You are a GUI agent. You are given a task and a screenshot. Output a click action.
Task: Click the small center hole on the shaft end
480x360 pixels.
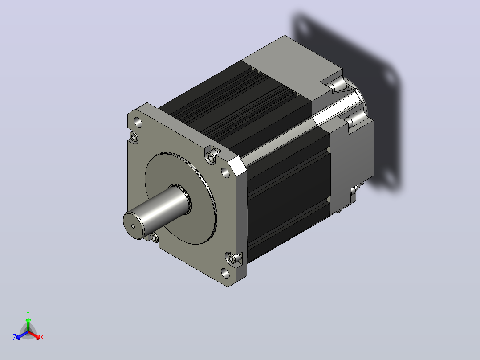133,226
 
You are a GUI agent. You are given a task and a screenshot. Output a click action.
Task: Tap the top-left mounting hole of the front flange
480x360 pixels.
138,123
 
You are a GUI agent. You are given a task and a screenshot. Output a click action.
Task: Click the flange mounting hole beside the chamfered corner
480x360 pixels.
225,173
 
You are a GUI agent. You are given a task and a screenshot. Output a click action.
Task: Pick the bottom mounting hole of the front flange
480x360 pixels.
225,273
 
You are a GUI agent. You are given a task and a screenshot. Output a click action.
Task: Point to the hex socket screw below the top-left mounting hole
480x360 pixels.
134,137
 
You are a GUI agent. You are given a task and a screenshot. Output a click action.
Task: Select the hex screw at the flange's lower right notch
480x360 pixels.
232,258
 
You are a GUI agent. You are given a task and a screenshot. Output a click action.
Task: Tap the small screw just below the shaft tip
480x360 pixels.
155,237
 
